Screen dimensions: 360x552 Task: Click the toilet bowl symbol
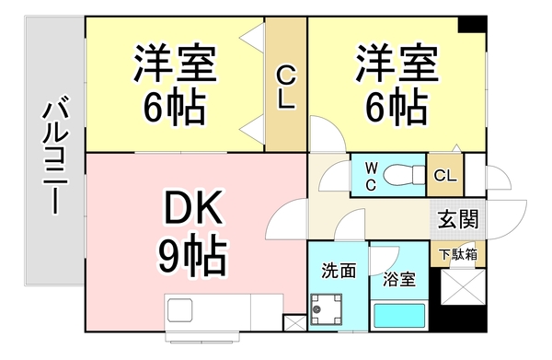tap(402, 174)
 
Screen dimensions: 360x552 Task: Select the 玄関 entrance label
tap(457, 220)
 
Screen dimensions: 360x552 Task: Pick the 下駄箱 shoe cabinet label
tap(457, 254)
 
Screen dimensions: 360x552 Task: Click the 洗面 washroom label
tap(338, 271)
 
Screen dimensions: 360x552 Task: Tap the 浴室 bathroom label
tap(397, 276)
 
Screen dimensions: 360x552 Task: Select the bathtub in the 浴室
tap(399, 318)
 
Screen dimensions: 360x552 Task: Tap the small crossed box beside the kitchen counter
tap(294, 323)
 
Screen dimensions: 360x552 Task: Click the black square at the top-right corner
tap(473, 26)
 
